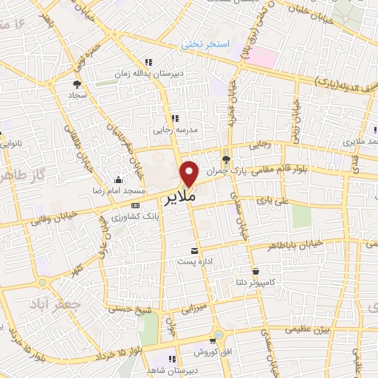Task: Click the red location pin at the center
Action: tap(190, 173)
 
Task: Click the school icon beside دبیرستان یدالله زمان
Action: tap(148, 63)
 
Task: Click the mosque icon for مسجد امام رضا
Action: tap(118, 179)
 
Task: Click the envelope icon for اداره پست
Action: tap(195, 250)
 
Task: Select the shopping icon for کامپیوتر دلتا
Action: tap(255, 271)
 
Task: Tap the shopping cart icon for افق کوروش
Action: tap(213, 341)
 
